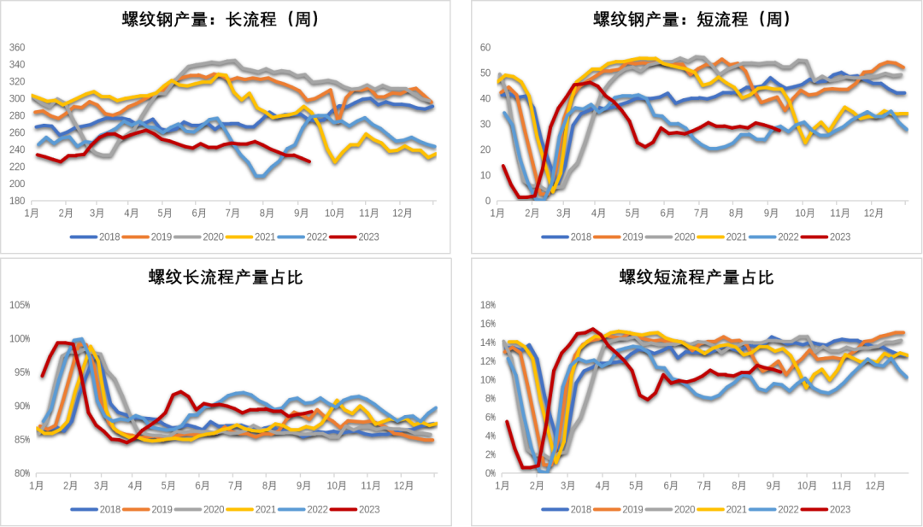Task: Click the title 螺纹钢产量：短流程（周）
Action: coord(693,20)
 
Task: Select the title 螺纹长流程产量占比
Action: coord(226,277)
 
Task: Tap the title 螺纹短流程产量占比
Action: coord(697,277)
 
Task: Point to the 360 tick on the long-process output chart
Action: coord(18,48)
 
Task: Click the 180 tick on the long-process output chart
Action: coord(18,201)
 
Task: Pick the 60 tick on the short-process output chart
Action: coord(485,48)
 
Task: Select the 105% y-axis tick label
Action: coord(20,305)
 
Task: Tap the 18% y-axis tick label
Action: coord(489,305)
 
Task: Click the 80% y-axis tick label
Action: coord(21,473)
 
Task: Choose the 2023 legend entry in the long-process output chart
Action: coord(355,237)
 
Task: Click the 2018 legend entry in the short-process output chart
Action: coord(567,237)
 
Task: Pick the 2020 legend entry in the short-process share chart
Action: coord(670,509)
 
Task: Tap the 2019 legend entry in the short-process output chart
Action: coord(618,237)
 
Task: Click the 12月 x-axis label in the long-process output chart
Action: coord(403,213)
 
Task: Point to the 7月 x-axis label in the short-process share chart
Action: coord(705,485)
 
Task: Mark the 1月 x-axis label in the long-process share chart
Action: coord(37,485)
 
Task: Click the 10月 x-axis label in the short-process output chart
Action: coord(805,213)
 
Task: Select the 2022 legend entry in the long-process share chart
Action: coord(303,509)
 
